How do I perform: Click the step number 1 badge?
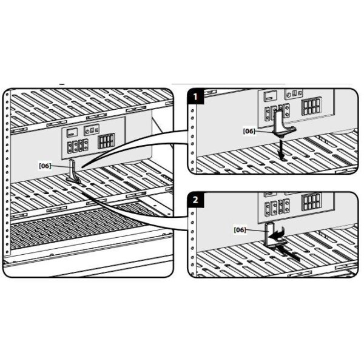coord(195,96)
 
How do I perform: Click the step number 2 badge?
coord(195,200)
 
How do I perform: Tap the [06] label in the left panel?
coord(45,166)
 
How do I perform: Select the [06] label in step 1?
coord(249,131)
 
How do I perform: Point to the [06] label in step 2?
coord(240,230)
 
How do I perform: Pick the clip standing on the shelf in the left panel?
coord(73,172)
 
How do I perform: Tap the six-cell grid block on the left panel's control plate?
coord(106,141)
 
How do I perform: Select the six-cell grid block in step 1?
coord(311,106)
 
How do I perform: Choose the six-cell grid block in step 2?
coord(311,202)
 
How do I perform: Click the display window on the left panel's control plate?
coord(72,133)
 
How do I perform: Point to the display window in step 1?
coord(270,95)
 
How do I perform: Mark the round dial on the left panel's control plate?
coord(87,132)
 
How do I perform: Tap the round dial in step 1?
coord(289,95)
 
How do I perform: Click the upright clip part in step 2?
coord(270,235)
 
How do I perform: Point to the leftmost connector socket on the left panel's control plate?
coord(70,147)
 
